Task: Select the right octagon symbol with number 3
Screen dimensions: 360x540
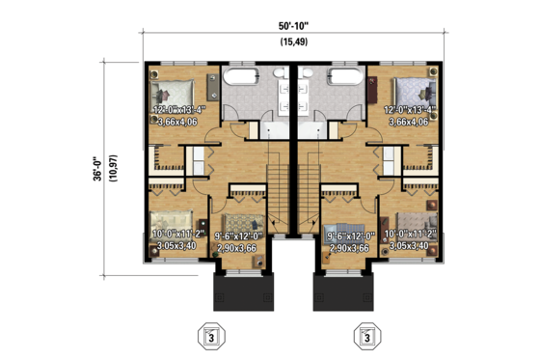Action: click(366, 337)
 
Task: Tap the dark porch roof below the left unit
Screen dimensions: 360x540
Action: click(243, 287)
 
